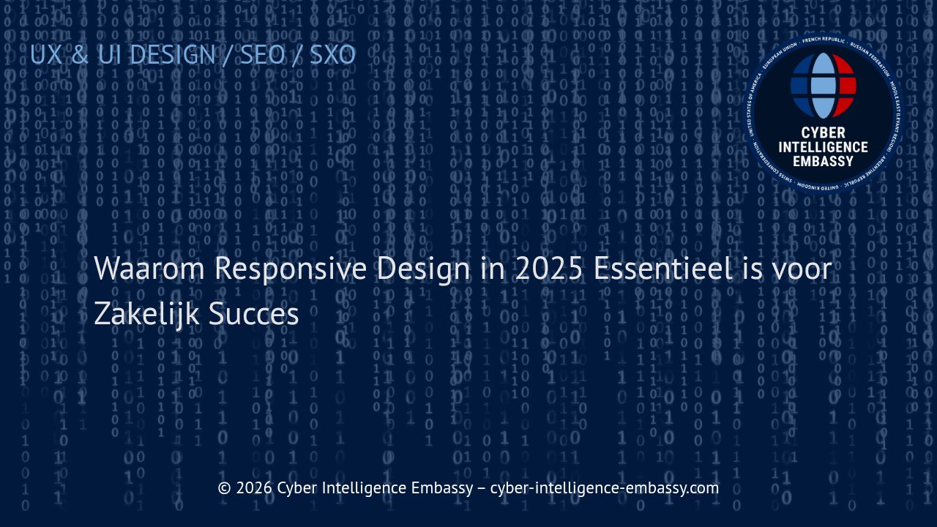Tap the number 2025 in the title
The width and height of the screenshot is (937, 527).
548,269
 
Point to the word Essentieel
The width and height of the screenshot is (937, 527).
662,269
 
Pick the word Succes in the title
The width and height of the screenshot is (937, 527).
253,314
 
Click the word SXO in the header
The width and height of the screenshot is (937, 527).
332,55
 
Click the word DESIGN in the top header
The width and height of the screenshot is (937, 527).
172,55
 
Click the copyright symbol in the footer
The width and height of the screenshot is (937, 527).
225,488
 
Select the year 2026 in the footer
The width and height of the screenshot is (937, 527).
255,488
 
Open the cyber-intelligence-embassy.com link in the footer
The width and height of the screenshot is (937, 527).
604,488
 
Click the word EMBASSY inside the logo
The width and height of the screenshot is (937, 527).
823,161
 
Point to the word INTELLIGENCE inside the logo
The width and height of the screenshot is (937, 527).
823,147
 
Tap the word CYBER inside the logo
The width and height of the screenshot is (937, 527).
823,133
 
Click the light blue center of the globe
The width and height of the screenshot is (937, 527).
823,85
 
